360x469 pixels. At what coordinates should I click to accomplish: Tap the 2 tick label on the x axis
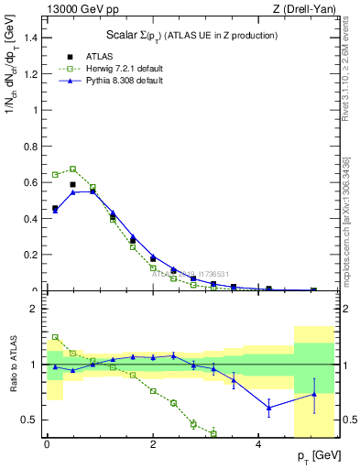click(153, 443)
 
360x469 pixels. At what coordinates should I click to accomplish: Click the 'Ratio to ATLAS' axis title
click(12, 364)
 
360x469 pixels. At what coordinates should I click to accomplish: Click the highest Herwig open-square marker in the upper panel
click(72, 169)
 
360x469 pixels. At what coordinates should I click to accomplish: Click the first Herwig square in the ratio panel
click(55, 337)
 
